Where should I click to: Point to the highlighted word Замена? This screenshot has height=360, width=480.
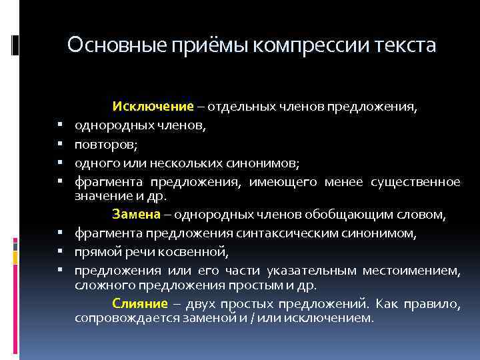click(136, 214)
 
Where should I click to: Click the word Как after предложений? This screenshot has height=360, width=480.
click(389, 304)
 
